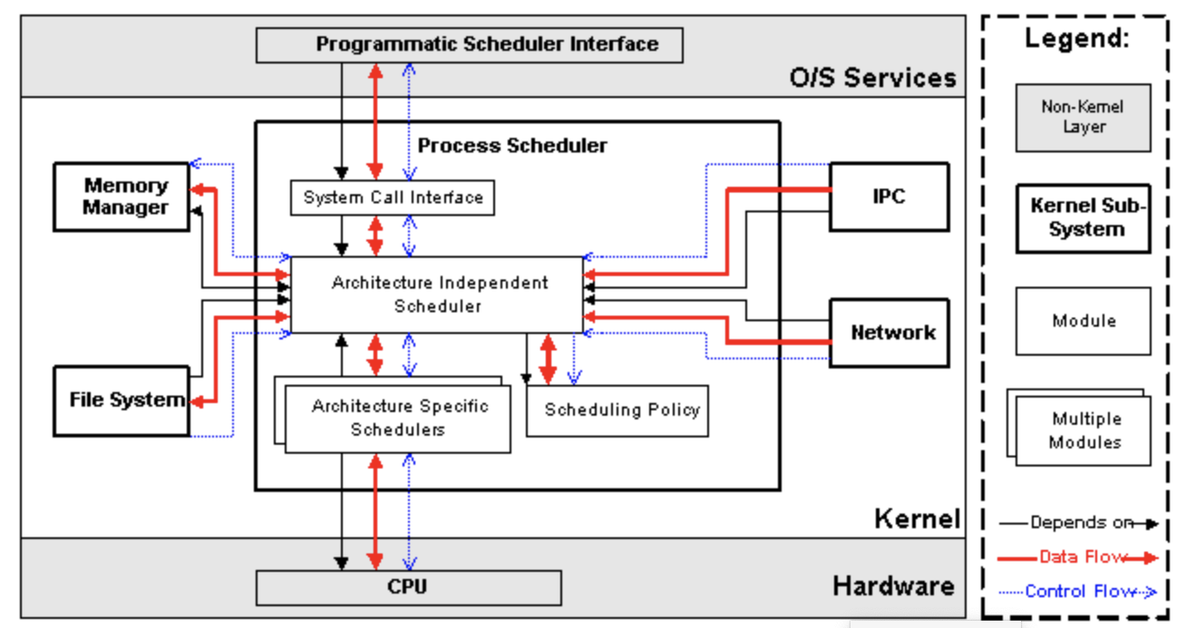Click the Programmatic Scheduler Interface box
[x=469, y=45]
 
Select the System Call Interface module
[x=393, y=198]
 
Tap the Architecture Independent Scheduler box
[x=437, y=295]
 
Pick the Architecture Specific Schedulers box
[x=397, y=418]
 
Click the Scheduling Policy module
[x=617, y=411]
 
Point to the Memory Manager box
[x=122, y=197]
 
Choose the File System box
[x=122, y=401]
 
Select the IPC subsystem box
[x=889, y=197]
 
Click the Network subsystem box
[x=889, y=333]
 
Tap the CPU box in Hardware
[x=409, y=588]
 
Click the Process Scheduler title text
[x=512, y=145]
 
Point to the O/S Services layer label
[x=873, y=78]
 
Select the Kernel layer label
[x=917, y=518]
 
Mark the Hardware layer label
[x=894, y=586]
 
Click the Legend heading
[x=1077, y=38]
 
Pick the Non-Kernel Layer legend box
[x=1084, y=118]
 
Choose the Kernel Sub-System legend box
[x=1084, y=219]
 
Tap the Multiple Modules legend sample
[x=1079, y=427]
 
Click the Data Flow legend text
[x=1083, y=557]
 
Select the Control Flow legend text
[x=1081, y=591]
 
